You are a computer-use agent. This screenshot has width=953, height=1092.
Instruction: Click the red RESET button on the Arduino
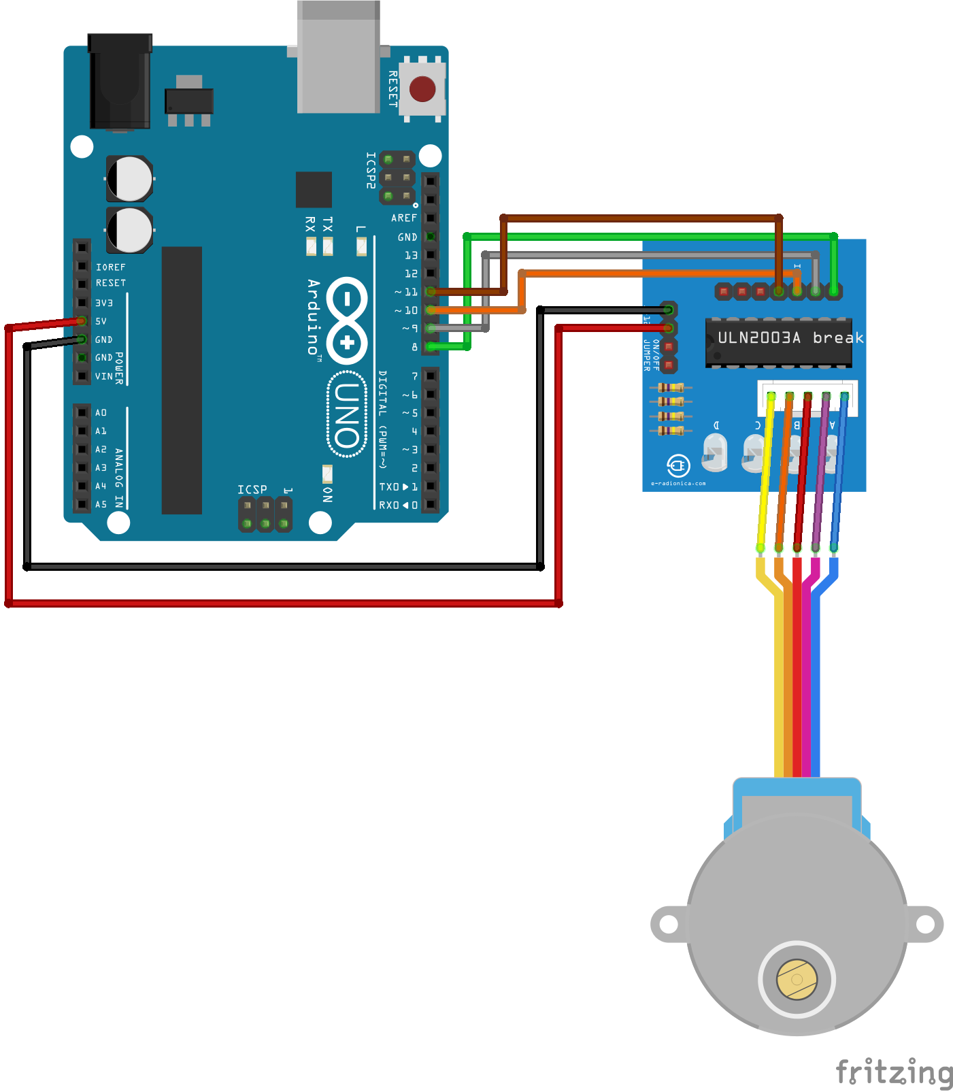click(422, 88)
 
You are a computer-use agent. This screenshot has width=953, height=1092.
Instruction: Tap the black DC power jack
click(120, 82)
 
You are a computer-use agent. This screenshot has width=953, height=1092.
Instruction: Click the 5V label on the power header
click(101, 321)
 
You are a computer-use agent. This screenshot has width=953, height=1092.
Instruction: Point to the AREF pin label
click(404, 218)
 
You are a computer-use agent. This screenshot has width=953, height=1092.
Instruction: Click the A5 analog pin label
click(101, 504)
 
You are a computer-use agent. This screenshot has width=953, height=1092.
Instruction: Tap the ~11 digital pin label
click(407, 292)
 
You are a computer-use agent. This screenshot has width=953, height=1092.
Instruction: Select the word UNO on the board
click(348, 414)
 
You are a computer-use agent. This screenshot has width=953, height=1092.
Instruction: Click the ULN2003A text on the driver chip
click(759, 337)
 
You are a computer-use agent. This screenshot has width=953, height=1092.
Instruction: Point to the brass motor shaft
click(797, 979)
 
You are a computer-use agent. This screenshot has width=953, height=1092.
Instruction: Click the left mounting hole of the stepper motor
click(669, 924)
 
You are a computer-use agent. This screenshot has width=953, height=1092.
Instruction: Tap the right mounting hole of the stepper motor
click(925, 924)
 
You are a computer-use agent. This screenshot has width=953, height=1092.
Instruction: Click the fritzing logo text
click(894, 1072)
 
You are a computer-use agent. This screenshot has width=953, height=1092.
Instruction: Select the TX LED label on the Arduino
click(328, 224)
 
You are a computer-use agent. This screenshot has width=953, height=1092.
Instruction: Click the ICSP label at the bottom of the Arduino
click(252, 490)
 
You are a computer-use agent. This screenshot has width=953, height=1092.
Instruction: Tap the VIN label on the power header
click(103, 376)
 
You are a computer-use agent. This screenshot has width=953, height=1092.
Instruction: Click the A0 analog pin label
click(101, 412)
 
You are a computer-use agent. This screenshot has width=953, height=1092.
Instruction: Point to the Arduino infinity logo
click(347, 320)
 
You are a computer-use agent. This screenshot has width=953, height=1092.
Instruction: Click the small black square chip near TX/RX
click(314, 190)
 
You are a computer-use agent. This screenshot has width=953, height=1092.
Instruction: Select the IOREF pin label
click(110, 267)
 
